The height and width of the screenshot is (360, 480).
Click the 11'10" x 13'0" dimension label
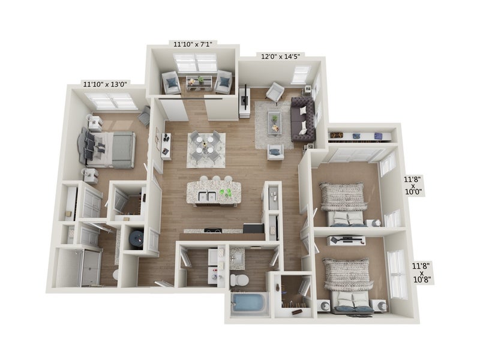pos(105,84)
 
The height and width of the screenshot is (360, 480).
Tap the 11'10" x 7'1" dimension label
pos(193,44)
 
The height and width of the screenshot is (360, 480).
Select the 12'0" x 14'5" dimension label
pos(280,56)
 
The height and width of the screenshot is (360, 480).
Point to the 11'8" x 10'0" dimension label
pos(413,185)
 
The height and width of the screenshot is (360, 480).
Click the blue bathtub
pos(248,304)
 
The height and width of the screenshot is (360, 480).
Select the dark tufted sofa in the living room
pos(303,119)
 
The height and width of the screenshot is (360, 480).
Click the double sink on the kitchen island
pos(207,196)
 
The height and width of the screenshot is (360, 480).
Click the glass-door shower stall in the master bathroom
pos(78,267)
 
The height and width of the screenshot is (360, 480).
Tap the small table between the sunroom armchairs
pos(199,83)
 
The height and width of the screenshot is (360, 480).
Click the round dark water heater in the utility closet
pos(137,238)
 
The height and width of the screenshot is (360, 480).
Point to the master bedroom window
pos(111,101)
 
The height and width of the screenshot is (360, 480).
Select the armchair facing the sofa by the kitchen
pos(275,152)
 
